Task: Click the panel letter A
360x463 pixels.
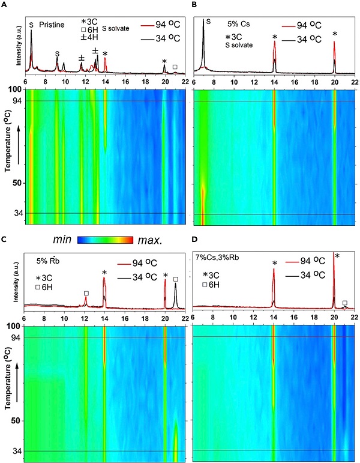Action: (x=4, y=5)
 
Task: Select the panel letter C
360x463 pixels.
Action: (x=4, y=240)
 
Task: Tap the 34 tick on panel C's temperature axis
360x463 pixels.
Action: (x=16, y=450)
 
